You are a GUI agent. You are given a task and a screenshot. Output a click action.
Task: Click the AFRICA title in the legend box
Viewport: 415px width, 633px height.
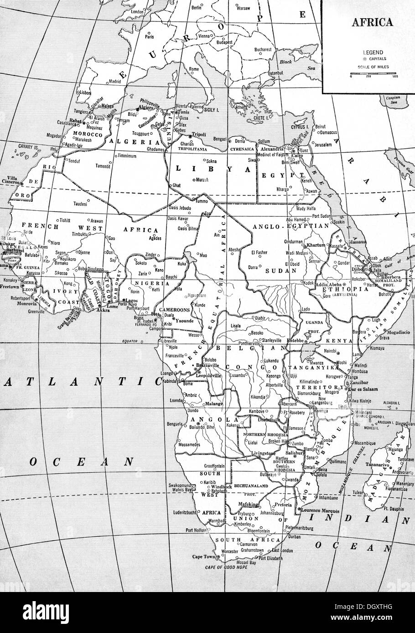click(371, 22)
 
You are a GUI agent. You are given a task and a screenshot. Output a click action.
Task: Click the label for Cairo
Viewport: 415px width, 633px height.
click(293, 155)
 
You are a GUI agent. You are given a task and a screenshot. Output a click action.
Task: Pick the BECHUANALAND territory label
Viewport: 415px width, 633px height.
click(252, 486)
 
